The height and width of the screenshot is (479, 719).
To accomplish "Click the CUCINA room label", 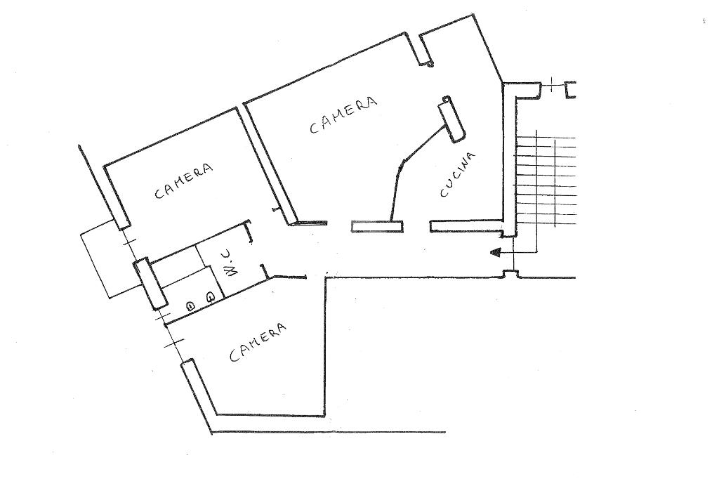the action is point(457,175).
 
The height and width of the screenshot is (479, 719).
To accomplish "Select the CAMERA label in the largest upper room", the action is point(343,114).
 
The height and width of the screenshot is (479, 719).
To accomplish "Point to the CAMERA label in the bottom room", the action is point(258,342).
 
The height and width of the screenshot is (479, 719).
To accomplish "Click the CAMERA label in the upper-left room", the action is point(183,181).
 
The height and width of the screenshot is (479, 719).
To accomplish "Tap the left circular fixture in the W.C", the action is point(190,306).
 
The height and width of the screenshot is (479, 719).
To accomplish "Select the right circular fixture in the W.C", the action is point(209,297).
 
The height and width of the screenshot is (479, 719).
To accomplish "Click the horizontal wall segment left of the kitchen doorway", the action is point(377,225).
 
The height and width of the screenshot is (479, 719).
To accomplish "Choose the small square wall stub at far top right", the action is point(570,89).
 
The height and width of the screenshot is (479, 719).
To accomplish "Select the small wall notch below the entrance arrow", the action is point(510,273).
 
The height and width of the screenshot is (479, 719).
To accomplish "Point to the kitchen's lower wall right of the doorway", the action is point(467,226).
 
